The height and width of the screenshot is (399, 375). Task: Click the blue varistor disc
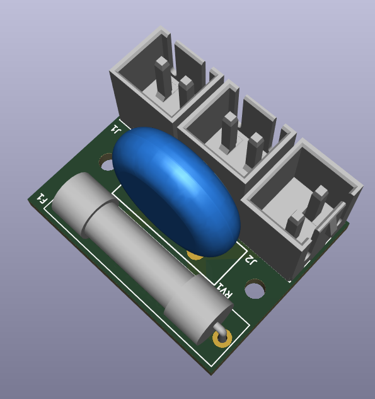coord(176,189)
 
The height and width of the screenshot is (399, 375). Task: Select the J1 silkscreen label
coord(115,129)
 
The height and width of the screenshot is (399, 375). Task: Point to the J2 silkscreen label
coord(251,260)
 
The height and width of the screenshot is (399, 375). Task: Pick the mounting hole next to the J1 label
coord(107,164)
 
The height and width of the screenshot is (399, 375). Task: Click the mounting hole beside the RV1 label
coord(255,291)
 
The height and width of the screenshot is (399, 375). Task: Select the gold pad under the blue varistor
coord(196,254)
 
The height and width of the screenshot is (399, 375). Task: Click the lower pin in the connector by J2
coord(295,227)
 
